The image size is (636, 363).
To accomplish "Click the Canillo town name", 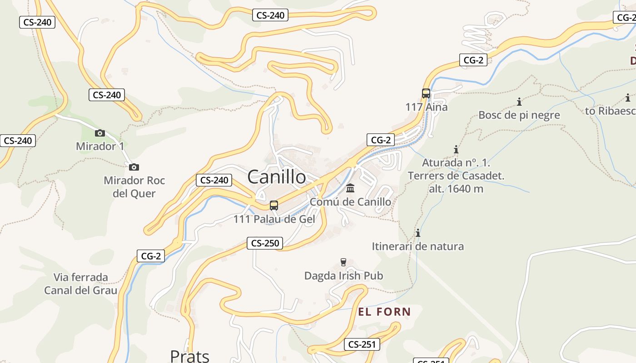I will coord(277,177).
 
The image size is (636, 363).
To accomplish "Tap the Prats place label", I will coord(189,356).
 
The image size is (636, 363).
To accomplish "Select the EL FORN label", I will coord(384,312).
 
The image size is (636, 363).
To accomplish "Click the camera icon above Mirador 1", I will coord(100,133).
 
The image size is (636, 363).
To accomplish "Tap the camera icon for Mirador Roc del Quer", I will coord(134,167).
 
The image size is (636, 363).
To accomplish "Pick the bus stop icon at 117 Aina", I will coord(426,93).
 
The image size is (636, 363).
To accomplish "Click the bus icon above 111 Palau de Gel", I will coord(273,205).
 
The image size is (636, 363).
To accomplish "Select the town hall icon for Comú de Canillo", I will coord(350,188).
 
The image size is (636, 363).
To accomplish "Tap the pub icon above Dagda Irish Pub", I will coord(343,262).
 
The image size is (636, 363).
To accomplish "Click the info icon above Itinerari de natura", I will coord(418,233).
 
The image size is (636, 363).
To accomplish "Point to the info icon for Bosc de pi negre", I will coord(519,102).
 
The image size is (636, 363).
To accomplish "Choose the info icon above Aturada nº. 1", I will coord(456,149).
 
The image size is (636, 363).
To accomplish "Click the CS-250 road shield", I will coord(265,243).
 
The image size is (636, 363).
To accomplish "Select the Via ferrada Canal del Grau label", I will coord(80,284).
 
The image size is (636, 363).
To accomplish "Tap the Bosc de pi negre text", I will coord(519,115).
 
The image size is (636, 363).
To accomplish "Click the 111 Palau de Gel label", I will coord(274,219).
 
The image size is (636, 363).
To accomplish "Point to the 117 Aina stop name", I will coord(426,107).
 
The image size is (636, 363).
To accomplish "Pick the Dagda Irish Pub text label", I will coord(343,275).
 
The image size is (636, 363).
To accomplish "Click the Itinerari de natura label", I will coord(418,246).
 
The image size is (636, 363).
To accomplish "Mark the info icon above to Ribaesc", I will coord(628,98).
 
